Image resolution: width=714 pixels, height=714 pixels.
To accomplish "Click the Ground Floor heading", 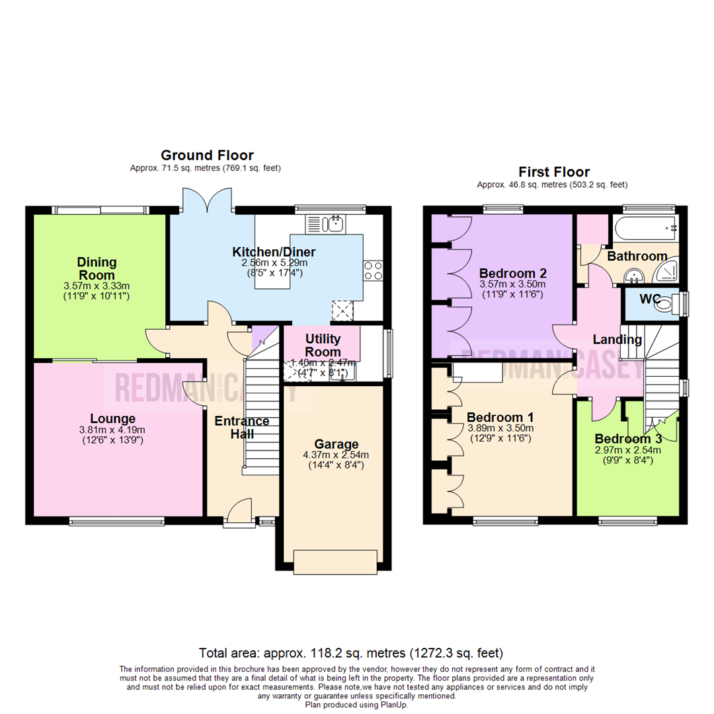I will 207,155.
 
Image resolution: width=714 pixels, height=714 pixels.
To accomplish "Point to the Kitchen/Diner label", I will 274,252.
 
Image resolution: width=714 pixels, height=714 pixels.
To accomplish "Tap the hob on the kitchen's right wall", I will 372,271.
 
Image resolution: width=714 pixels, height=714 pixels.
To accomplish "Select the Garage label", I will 337,444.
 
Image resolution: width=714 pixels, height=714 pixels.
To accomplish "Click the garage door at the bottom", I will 337,562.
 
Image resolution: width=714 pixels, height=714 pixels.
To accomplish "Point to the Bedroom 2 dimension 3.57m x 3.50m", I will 512,284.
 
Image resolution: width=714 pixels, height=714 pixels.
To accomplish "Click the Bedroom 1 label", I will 500,417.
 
